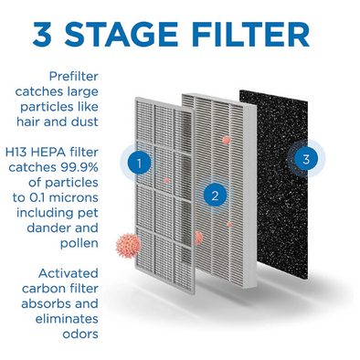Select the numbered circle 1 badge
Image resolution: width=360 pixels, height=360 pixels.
[139, 164]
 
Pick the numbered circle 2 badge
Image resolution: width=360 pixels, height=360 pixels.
[215, 195]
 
